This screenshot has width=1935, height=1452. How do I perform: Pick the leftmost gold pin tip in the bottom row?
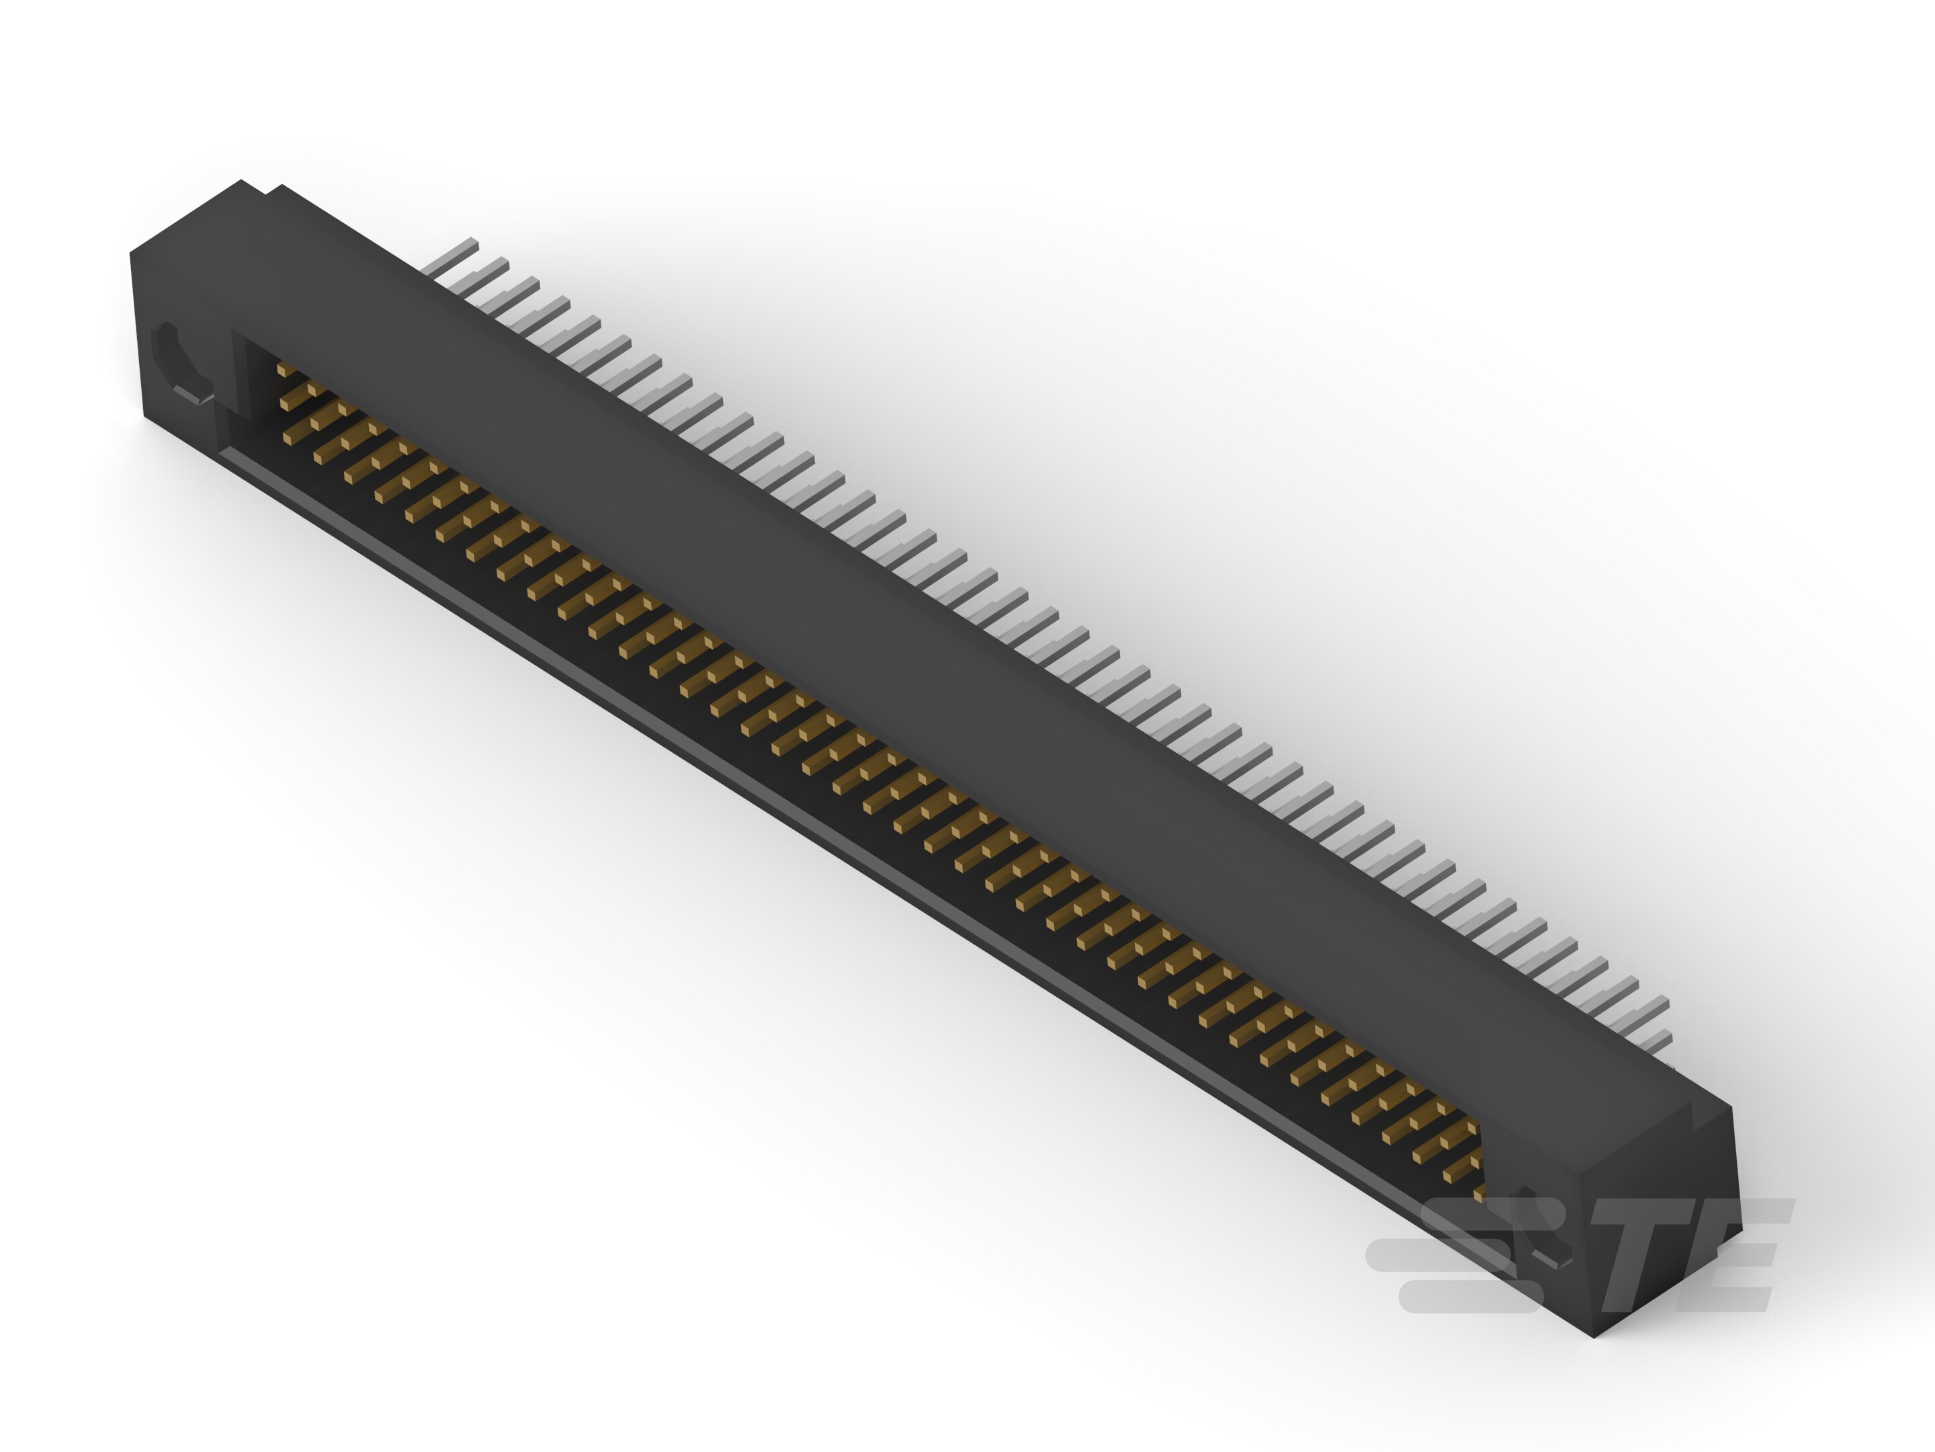pyautogui.click(x=289, y=438)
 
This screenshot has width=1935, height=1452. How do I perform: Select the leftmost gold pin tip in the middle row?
pyautogui.click(x=285, y=403)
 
